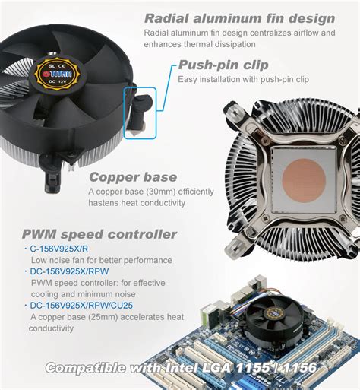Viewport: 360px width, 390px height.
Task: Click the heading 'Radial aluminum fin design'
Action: [239, 17]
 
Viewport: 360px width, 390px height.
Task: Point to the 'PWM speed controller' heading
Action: [99, 234]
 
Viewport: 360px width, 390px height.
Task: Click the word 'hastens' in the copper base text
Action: [104, 203]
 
